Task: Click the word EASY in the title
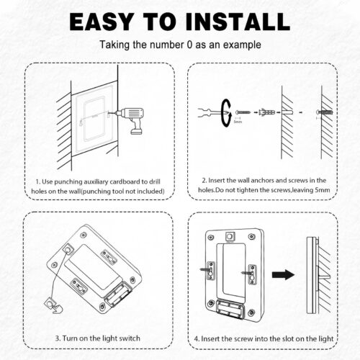102,22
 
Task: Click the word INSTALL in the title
238,22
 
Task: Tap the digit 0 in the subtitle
189,45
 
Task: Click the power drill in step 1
131,120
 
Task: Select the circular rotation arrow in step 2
226,113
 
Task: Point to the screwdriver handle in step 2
204,113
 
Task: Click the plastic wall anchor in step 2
267,112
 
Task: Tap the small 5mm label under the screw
238,122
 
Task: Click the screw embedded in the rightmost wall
325,112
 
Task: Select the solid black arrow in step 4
283,274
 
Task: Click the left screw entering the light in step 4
205,269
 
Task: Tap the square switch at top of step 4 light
230,237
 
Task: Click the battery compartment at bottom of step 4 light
230,308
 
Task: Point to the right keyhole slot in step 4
252,275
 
